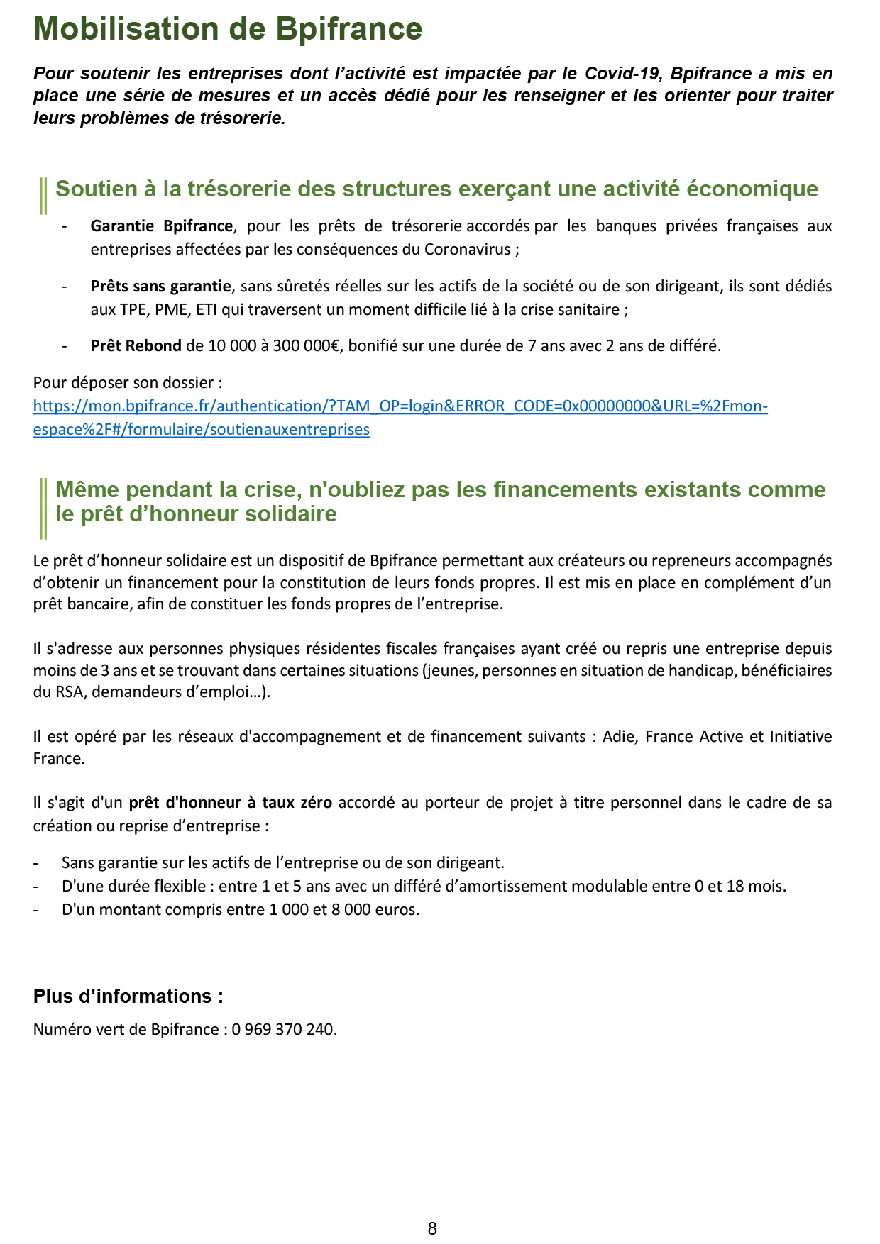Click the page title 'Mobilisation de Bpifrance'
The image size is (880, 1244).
pyautogui.click(x=227, y=30)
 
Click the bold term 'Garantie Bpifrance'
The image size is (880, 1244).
pyautogui.click(x=161, y=226)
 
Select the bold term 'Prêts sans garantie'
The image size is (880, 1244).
pyautogui.click(x=160, y=287)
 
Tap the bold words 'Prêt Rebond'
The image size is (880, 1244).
pyautogui.click(x=136, y=346)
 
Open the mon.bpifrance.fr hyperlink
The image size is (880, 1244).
pyautogui.click(x=400, y=406)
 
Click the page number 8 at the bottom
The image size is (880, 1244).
pyautogui.click(x=432, y=1229)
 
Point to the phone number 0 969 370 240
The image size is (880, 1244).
pyautogui.click(x=283, y=1029)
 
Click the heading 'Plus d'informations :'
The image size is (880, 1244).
pyautogui.click(x=128, y=996)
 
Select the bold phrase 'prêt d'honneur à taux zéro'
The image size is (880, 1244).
pyautogui.click(x=230, y=803)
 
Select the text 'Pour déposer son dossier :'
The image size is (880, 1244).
pyautogui.click(x=128, y=383)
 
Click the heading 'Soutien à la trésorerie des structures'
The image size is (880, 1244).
pyautogui.click(x=436, y=189)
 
